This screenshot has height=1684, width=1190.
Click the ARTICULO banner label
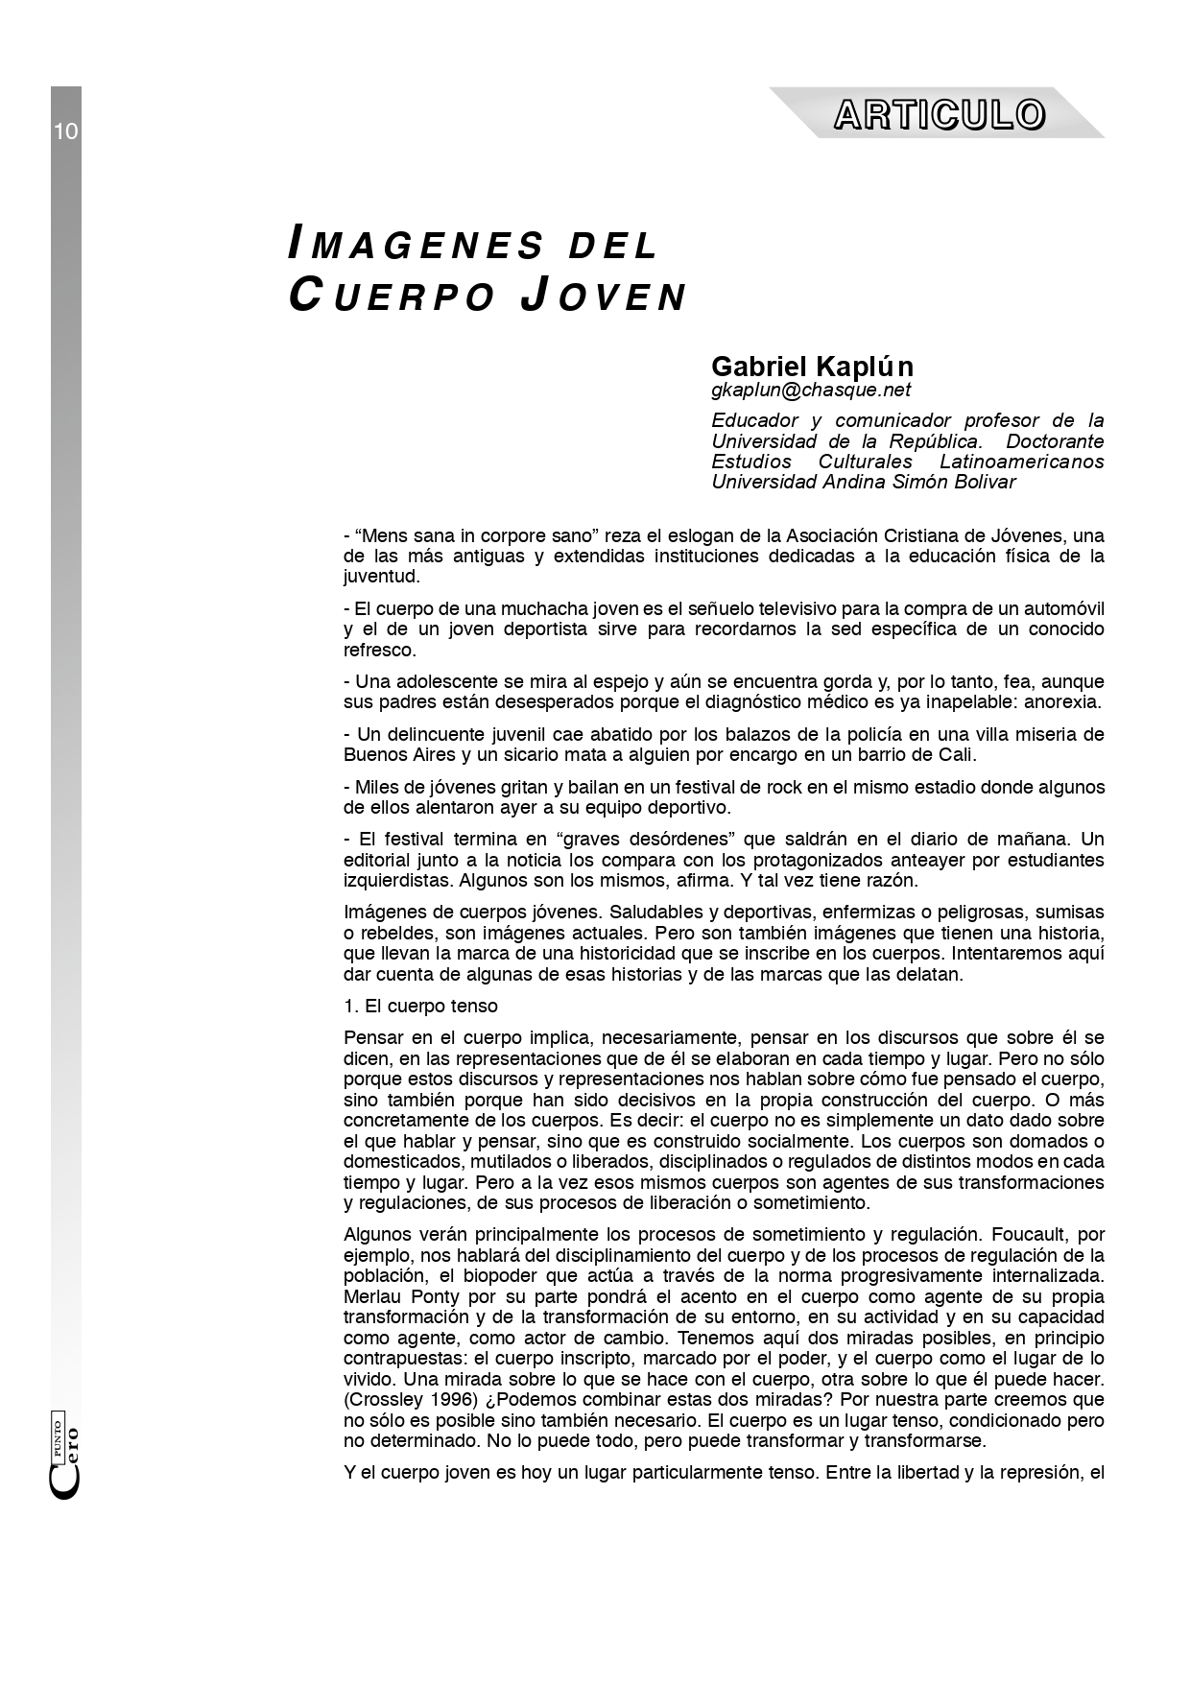click(x=939, y=114)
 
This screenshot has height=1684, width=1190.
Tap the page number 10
click(x=65, y=131)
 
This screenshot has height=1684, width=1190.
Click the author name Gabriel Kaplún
click(x=812, y=367)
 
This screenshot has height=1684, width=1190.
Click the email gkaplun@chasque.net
click(x=811, y=390)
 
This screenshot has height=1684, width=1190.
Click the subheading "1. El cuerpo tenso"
click(x=420, y=1006)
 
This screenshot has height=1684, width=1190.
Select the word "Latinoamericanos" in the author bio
click(x=1021, y=462)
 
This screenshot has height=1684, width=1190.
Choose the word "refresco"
click(x=380, y=650)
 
